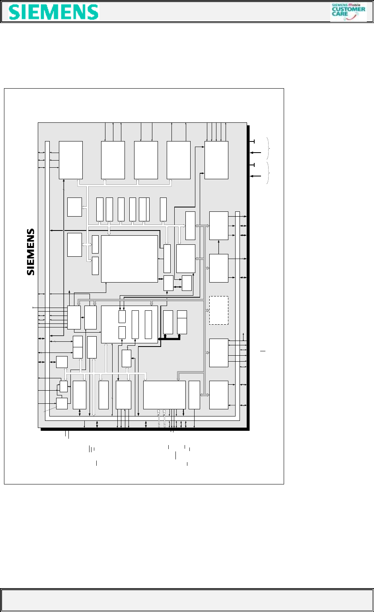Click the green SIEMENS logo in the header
(54, 12)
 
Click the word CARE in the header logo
(341, 14)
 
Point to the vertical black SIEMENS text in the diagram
(31, 252)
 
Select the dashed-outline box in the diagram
(219, 310)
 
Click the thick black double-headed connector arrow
(169, 338)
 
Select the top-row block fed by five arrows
(216, 160)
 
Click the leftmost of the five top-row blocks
(71, 160)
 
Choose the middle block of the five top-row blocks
(146, 160)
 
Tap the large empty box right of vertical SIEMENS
(129, 259)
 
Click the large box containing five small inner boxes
(129, 324)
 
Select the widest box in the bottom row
(164, 395)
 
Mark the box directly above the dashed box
(219, 268)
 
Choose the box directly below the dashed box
(219, 353)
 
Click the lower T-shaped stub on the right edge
(252, 165)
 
